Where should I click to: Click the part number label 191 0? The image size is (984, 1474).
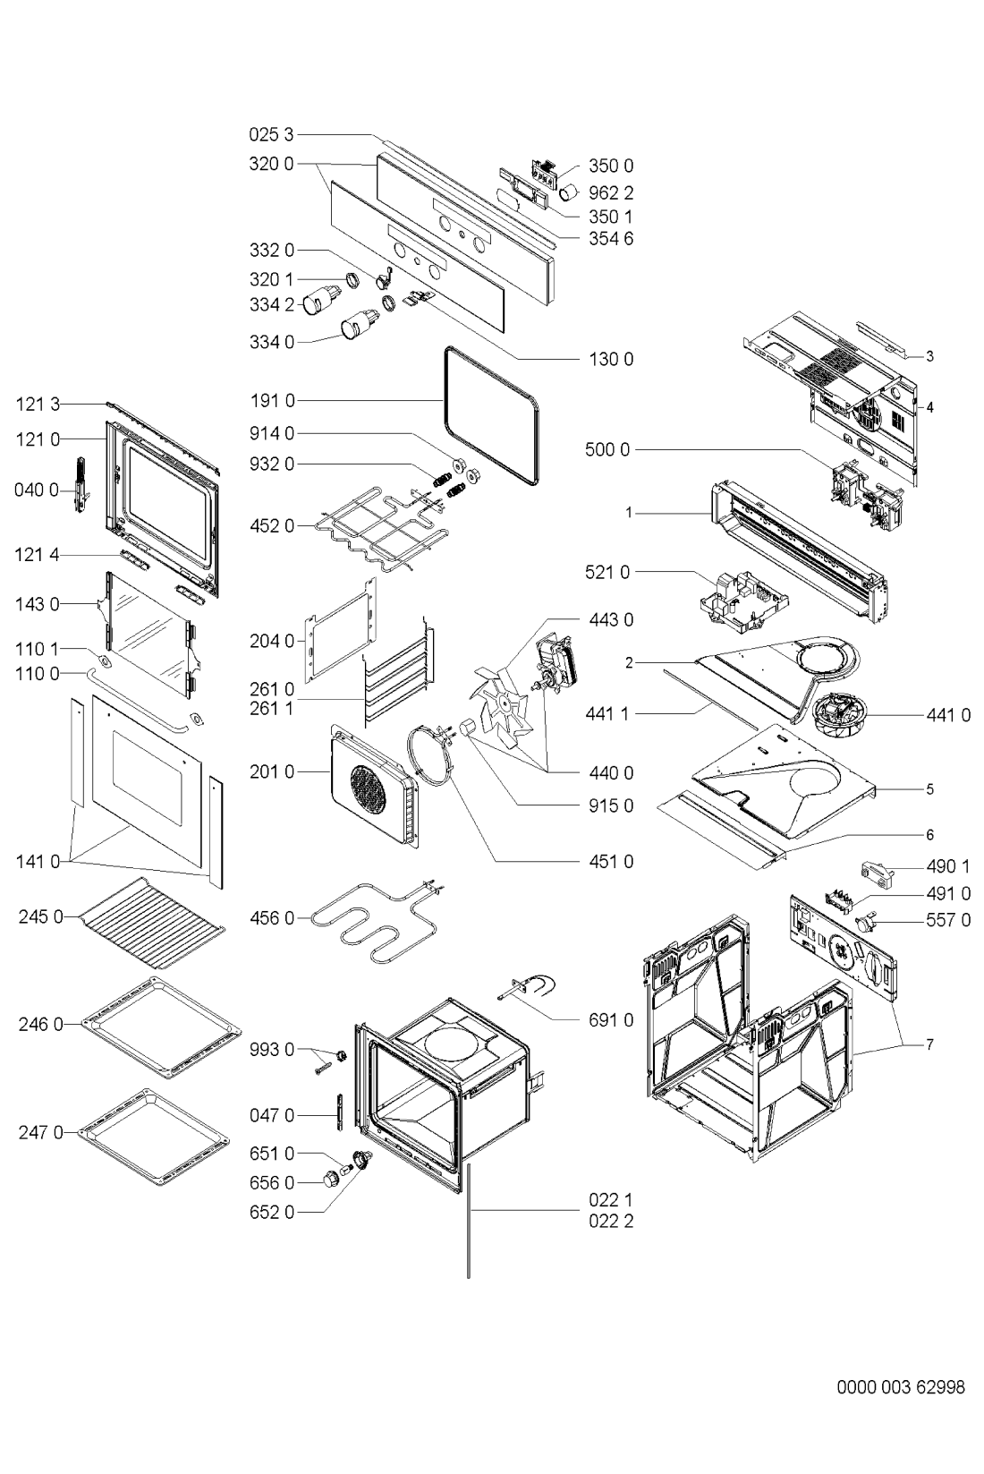point(272,400)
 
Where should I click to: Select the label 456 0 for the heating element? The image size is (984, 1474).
point(272,917)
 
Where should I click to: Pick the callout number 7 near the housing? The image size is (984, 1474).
point(929,1044)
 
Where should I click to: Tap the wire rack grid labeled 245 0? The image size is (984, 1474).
point(152,923)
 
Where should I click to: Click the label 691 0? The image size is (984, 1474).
point(611,1020)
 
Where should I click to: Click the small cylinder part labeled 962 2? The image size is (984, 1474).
point(568,192)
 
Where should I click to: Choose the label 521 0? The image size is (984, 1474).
point(607,573)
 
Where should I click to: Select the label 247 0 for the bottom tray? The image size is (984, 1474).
point(41,1132)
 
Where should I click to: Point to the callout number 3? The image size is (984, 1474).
point(929,356)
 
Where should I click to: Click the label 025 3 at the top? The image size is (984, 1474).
point(272,134)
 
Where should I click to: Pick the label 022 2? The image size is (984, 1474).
point(611,1221)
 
